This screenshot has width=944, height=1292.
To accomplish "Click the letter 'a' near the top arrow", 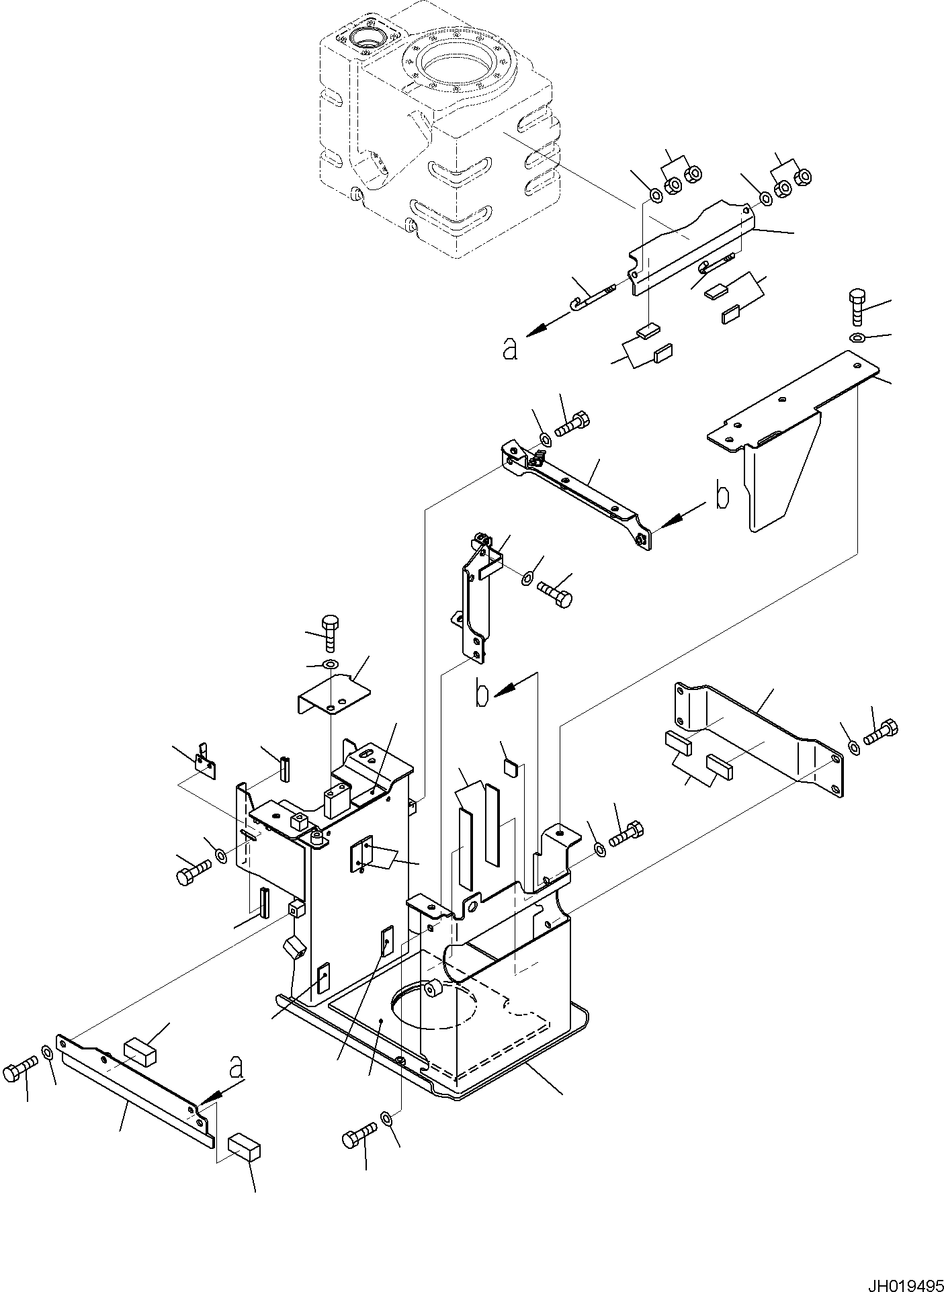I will coord(511,349).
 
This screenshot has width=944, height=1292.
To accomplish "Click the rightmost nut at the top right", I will coord(801,177).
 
